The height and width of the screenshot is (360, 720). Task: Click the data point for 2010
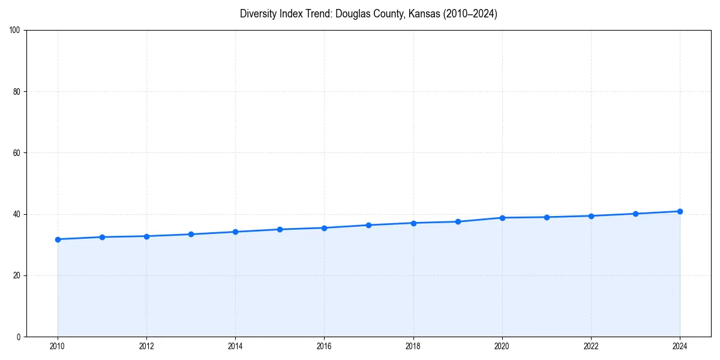coord(58,239)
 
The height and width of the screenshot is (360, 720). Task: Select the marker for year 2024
coord(680,211)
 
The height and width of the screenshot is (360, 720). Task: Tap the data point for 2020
coord(502,218)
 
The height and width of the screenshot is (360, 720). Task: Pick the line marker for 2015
coord(280,229)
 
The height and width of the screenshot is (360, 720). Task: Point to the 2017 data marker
coord(368,225)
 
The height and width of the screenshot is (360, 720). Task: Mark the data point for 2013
coord(191,234)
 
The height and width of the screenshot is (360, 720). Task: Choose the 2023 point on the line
coord(635,214)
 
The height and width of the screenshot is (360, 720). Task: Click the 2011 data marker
coord(102,237)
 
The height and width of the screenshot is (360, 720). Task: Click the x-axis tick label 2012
coord(146,346)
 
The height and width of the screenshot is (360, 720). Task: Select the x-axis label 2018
coord(413,346)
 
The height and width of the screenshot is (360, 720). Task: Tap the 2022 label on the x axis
coord(591,346)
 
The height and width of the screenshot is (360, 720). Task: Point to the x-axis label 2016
coord(324,346)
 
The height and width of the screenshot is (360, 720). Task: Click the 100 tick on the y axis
coord(15,31)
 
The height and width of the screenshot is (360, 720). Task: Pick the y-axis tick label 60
coord(17,153)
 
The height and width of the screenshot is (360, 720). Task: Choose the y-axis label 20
coord(17,275)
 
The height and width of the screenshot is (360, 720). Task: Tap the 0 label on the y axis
coord(19,337)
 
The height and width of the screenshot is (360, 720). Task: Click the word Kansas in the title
coord(424,14)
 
